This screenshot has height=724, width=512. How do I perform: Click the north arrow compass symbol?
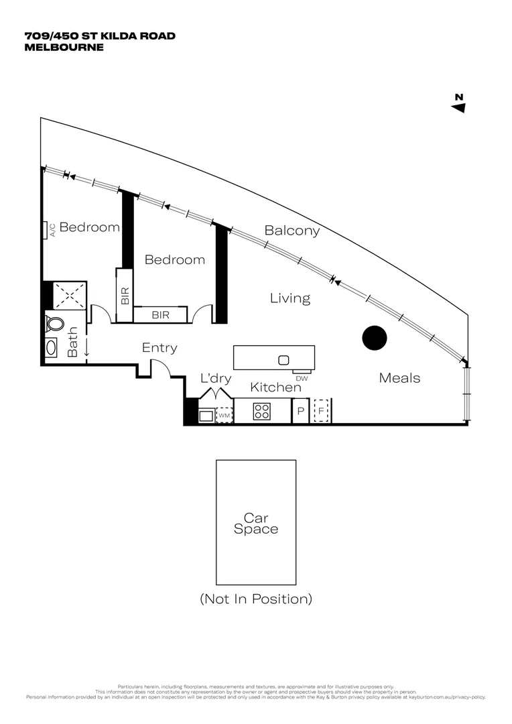point(458,103)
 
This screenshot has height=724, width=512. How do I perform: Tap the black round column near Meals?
point(375,338)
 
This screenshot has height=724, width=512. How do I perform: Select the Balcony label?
point(292,231)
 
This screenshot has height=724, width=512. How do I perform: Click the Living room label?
point(290,298)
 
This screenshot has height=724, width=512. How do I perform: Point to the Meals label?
point(399,378)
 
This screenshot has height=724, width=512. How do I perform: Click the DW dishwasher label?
point(301,378)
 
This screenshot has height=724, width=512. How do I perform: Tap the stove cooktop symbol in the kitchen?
point(261,412)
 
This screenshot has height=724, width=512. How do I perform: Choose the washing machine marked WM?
point(224,416)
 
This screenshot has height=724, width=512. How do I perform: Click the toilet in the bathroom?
point(54,324)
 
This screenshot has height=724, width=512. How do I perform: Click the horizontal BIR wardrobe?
point(160,314)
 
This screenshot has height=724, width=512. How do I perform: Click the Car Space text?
point(255,524)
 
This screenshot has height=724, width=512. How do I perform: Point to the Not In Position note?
point(255,599)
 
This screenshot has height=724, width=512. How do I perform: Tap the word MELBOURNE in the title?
point(64,47)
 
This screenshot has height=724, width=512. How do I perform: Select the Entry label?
point(159,348)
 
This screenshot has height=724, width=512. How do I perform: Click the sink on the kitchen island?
point(283,360)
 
